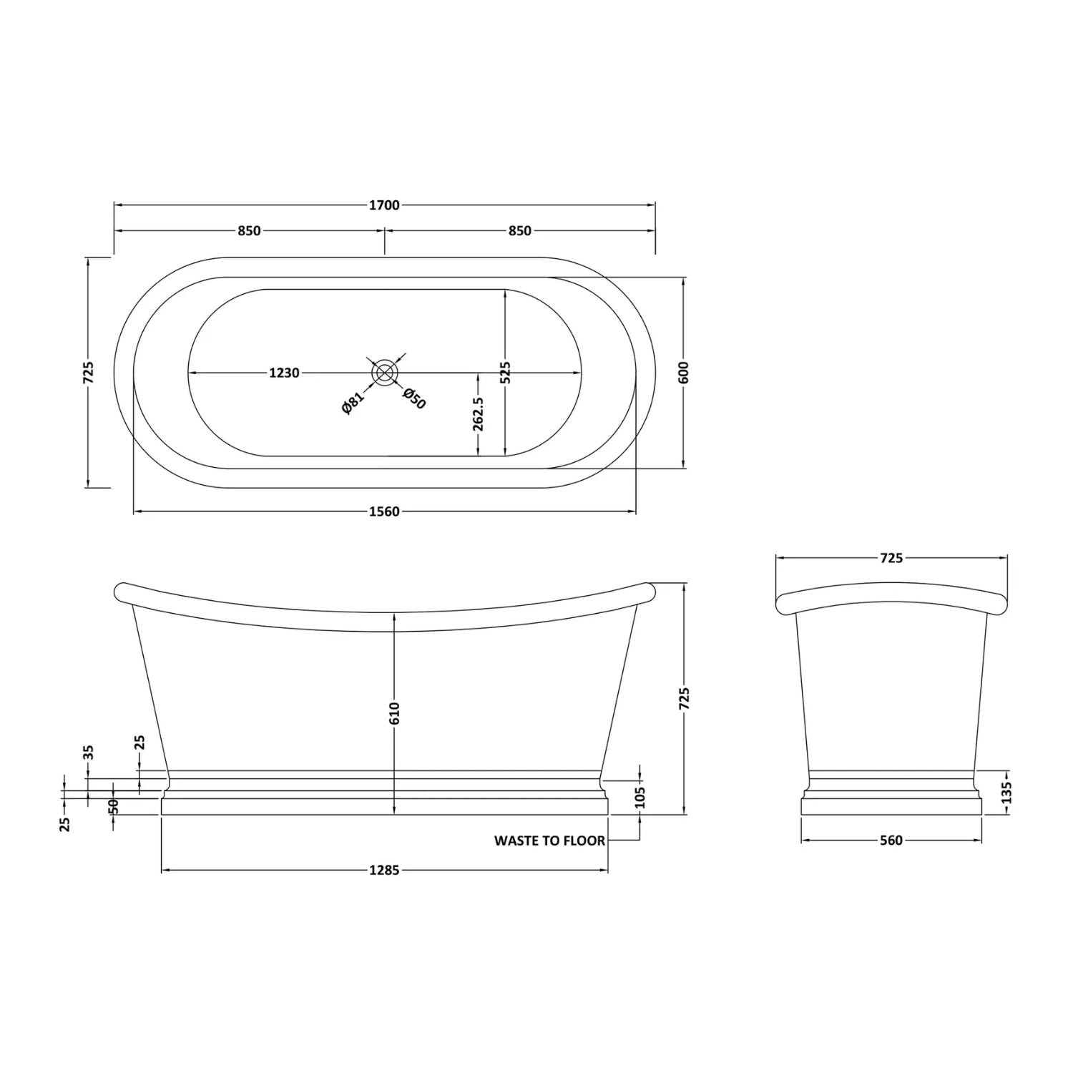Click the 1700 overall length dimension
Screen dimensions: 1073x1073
[x=384, y=206]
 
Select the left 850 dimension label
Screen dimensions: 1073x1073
[x=249, y=231]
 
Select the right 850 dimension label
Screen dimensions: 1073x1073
[x=520, y=231]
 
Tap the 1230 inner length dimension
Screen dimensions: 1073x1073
[x=284, y=373]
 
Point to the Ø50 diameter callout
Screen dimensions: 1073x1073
[x=414, y=398]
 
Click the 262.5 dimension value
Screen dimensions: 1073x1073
[x=479, y=414]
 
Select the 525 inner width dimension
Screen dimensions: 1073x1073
[x=505, y=373]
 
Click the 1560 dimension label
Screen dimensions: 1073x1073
[x=384, y=511]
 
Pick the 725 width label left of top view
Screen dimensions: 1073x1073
[x=89, y=373]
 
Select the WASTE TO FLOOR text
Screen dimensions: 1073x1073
[x=549, y=841]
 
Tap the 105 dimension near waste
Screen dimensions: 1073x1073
[x=640, y=796]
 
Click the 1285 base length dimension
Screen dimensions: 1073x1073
[x=384, y=871]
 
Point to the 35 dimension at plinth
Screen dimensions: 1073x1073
[x=89, y=753]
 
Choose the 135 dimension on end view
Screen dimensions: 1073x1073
[x=1007, y=793]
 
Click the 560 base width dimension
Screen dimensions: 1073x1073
[x=891, y=841]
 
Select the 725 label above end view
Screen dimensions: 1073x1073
[x=891, y=558]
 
